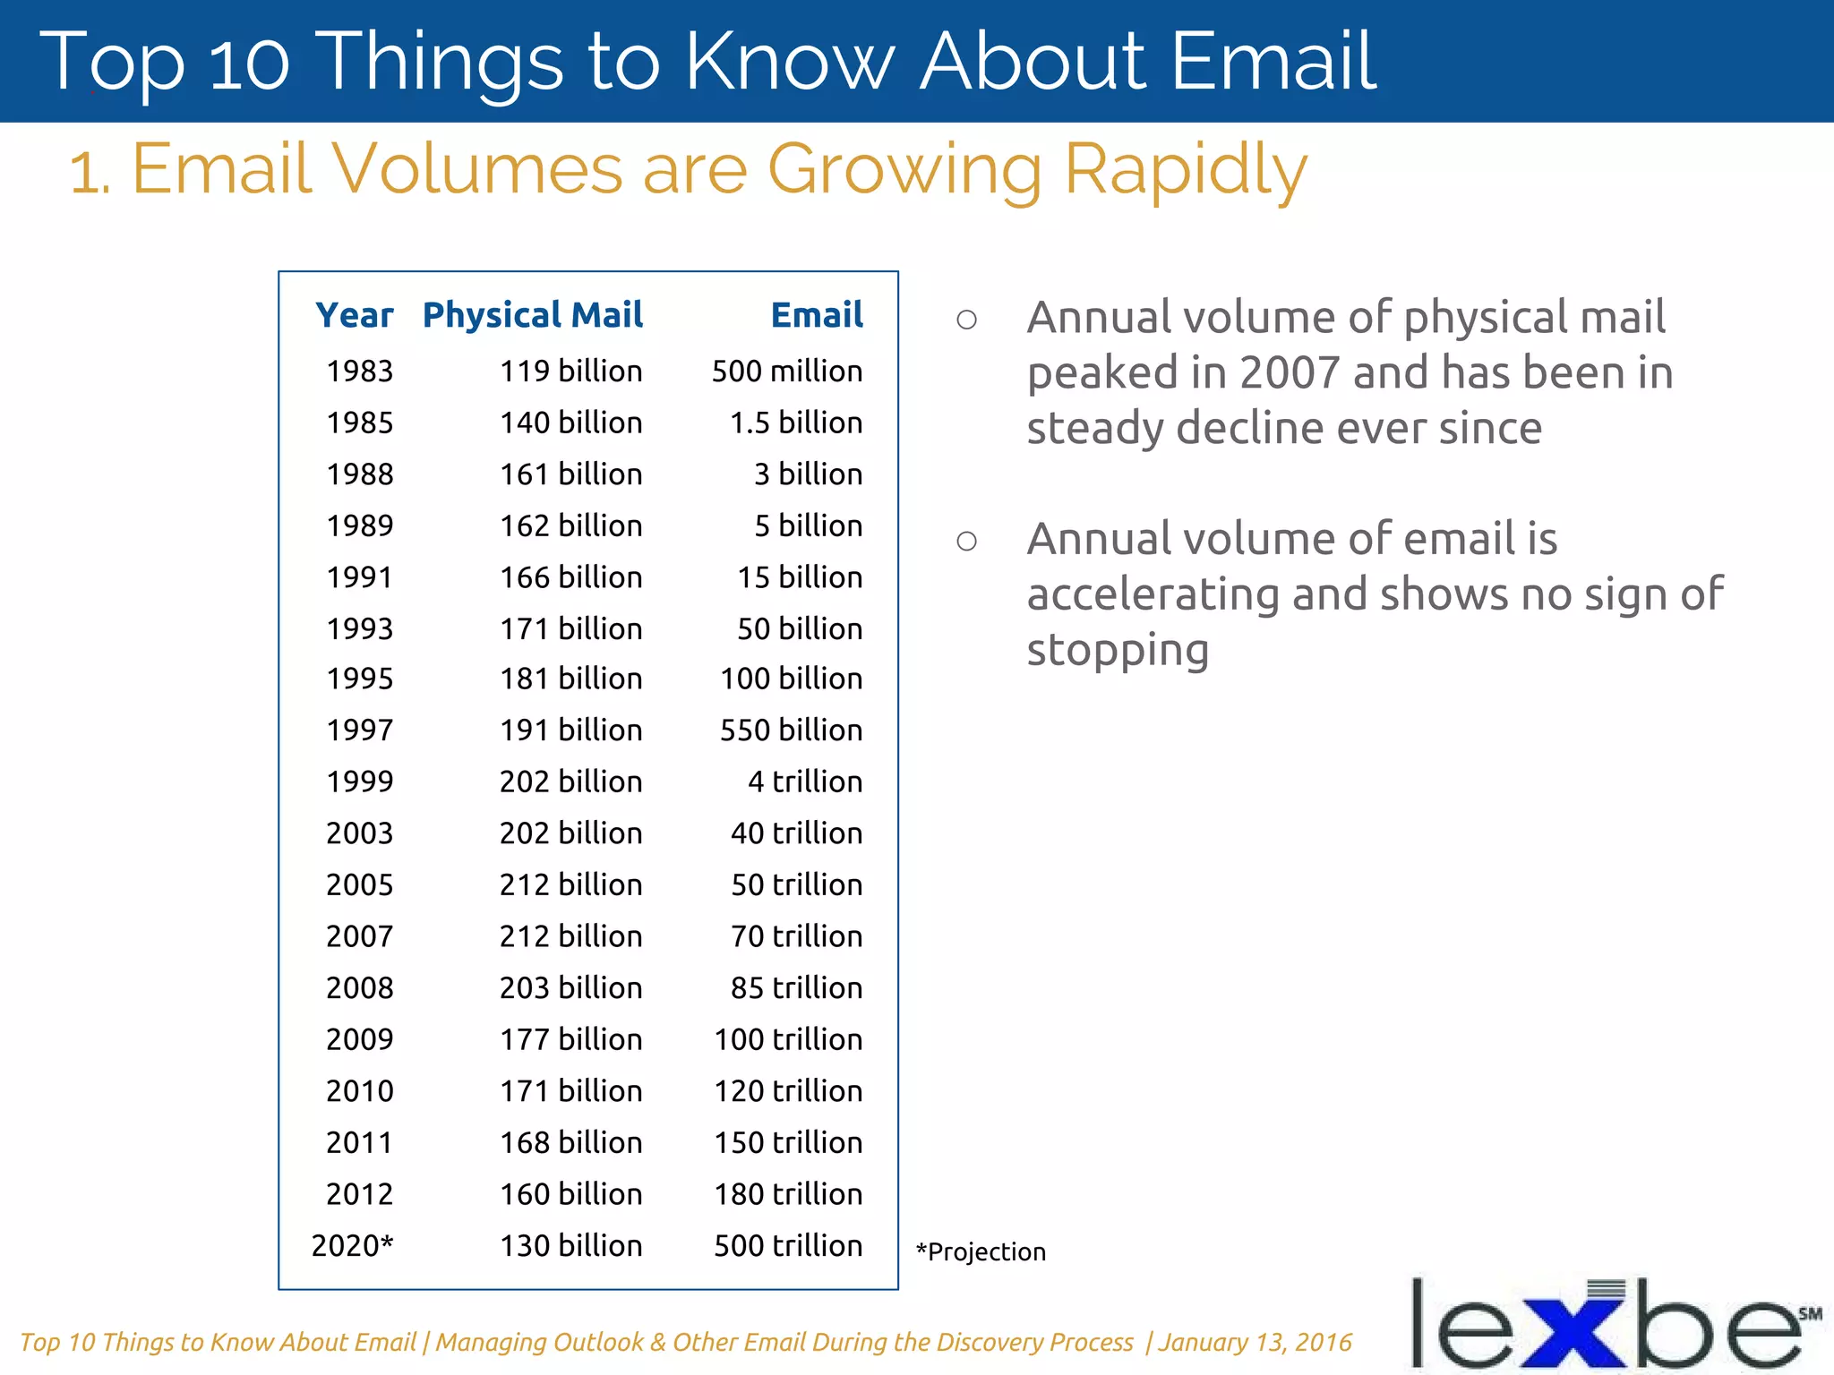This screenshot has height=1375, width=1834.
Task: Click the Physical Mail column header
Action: tap(533, 315)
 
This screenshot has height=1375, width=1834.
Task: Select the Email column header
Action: tap(817, 315)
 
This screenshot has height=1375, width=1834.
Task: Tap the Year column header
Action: tap(355, 315)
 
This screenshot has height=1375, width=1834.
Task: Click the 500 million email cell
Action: tap(786, 371)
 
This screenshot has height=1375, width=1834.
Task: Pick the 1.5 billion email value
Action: tap(795, 423)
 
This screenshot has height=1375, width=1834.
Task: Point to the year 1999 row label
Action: tap(360, 781)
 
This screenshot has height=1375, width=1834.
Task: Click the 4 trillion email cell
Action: tap(804, 781)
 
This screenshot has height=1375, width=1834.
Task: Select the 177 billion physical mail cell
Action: tap(570, 1039)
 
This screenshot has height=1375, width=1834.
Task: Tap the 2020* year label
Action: tap(352, 1245)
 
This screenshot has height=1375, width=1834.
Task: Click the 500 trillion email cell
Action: tap(787, 1245)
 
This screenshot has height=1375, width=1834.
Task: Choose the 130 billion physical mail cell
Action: tap(570, 1245)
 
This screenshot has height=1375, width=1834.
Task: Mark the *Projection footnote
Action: tap(981, 1251)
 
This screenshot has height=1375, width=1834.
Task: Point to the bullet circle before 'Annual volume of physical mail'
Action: tap(966, 320)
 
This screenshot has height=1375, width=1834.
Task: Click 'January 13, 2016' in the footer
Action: tap(1255, 1342)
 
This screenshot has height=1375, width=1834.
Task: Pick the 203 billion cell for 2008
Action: tap(570, 987)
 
